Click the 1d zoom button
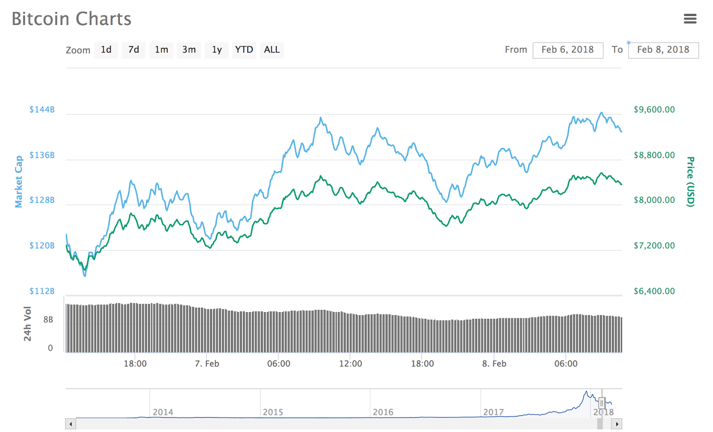(106, 50)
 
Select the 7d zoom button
(134, 50)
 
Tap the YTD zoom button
(244, 50)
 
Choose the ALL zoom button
(272, 50)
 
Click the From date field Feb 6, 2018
(568, 50)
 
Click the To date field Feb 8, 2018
(663, 50)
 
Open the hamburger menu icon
(690, 19)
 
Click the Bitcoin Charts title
(71, 19)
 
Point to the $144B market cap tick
(42, 110)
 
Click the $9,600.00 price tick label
(654, 110)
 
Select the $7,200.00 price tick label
(654, 246)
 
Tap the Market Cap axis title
(19, 182)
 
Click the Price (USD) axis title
(690, 182)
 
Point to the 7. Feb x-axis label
(207, 364)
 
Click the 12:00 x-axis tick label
(350, 364)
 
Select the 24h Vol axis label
(28, 324)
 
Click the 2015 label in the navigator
(273, 412)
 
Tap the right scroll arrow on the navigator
(617, 424)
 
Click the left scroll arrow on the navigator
(70, 424)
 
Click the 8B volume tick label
(48, 320)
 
